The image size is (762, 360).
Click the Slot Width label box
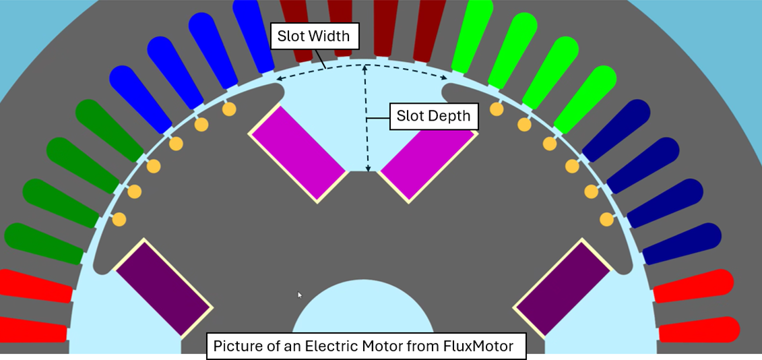pos(314,36)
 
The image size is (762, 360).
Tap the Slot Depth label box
pos(433,116)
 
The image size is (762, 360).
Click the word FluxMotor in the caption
pos(478,347)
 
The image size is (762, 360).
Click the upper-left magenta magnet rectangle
pos(298,154)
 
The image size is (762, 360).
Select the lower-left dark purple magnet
pos(164,287)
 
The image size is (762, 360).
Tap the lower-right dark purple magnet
pos(563,287)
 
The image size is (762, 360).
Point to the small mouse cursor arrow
pos(300,294)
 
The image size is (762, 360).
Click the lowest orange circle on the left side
pos(119,218)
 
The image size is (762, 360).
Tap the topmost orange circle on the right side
pos(497,109)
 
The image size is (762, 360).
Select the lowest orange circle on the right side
pos(606,218)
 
